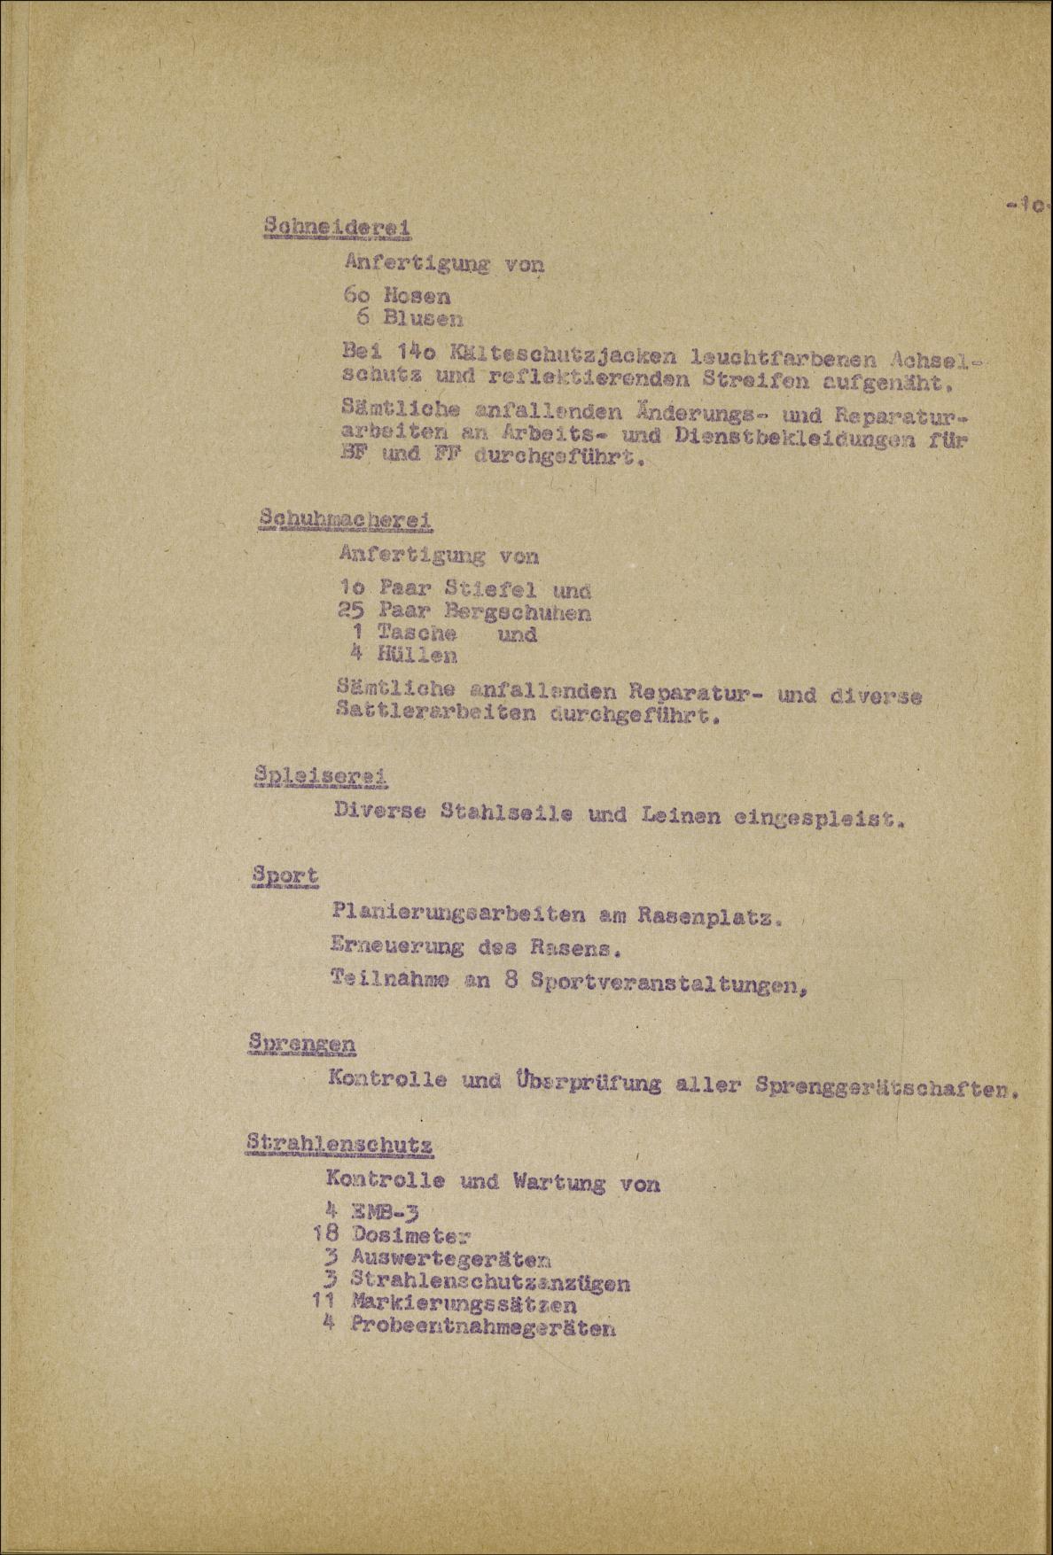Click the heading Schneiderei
point(339,227)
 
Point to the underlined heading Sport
point(285,875)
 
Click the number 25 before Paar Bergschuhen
point(352,611)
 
